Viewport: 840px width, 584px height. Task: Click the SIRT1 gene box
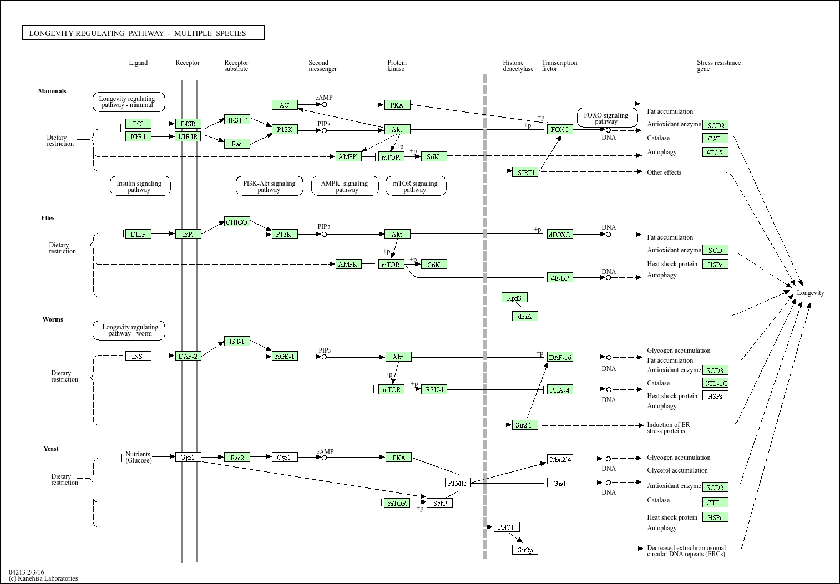(525, 172)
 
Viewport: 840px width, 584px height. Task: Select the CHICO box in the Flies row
(237, 222)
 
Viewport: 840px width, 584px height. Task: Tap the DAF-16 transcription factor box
(560, 357)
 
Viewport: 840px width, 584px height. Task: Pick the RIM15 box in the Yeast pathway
(458, 483)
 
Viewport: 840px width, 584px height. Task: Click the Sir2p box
(525, 550)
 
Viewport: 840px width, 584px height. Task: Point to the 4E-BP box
(560, 278)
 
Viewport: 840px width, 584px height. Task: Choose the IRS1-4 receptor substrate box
(237, 120)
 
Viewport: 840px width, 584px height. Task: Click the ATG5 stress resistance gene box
(715, 152)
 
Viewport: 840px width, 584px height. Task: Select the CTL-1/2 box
(715, 383)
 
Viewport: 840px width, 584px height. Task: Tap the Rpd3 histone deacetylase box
(514, 298)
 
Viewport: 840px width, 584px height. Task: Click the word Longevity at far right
(811, 293)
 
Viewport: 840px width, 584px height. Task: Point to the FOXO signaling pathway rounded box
(606, 118)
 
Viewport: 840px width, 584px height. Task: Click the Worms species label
(53, 319)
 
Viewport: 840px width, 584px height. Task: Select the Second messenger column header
(322, 65)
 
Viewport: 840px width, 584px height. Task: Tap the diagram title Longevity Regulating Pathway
(138, 33)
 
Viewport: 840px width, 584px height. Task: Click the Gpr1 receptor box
(188, 458)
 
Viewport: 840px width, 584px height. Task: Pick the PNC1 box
(507, 527)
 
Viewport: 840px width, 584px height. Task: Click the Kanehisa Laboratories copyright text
(43, 578)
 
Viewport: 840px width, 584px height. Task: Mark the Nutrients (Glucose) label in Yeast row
(138, 457)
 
